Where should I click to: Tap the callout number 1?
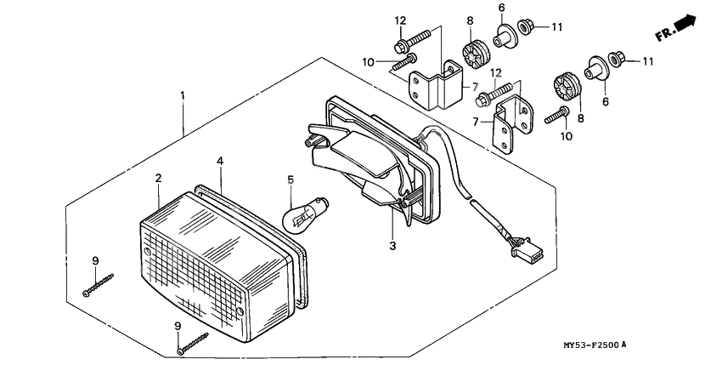182,96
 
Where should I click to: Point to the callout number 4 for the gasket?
219,160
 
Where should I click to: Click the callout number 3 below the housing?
392,246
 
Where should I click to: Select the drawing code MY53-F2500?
583,345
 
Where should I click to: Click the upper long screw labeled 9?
99,283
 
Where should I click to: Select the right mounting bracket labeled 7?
513,128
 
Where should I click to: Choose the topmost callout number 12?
400,20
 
